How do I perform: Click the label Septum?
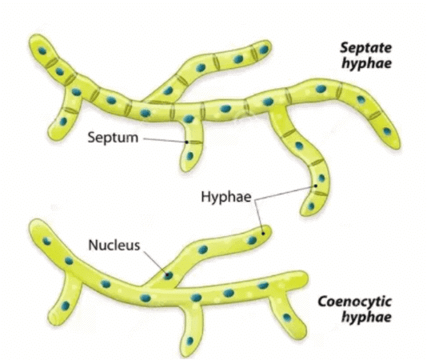[113, 138]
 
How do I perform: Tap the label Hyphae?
[226, 197]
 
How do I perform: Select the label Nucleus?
[114, 245]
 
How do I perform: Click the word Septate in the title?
[365, 48]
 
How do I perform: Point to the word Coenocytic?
[354, 302]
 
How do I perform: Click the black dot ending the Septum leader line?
[186, 142]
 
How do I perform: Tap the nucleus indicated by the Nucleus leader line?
[168, 275]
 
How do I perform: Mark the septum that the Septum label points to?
[195, 142]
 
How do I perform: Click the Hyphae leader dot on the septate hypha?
[316, 186]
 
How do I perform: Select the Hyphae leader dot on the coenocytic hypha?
[263, 234]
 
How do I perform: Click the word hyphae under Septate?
[366, 64]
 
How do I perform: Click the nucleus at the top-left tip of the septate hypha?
[42, 50]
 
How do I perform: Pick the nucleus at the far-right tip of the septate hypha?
[387, 132]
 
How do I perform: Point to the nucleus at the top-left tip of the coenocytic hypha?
[46, 241]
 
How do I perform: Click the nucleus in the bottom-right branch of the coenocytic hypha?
[287, 318]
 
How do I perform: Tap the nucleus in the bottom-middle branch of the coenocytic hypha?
[190, 341]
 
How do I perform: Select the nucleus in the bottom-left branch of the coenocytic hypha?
[65, 306]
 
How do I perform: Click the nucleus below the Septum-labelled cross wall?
[190, 156]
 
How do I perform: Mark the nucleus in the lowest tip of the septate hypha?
[311, 206]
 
